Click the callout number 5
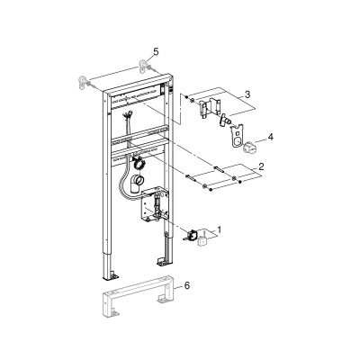[x=156, y=52]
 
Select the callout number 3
[x=247, y=94]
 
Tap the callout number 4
[x=271, y=137]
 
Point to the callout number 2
[x=261, y=166]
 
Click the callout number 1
[x=220, y=230]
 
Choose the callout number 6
[x=187, y=285]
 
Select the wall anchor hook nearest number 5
[x=144, y=67]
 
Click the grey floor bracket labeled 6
[x=139, y=296]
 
